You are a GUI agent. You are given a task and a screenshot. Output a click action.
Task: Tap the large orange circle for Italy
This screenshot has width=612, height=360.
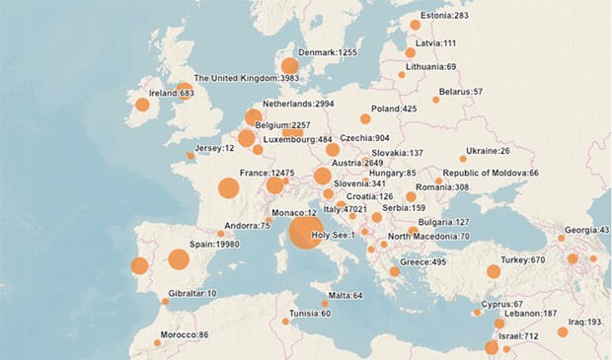[305, 234]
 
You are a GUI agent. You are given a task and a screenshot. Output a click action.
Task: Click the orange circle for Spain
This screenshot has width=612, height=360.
[179, 259]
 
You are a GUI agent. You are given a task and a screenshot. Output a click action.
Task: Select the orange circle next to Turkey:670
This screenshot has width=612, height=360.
[494, 271]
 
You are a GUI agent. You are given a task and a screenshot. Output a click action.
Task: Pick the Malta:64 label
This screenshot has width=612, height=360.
[344, 295]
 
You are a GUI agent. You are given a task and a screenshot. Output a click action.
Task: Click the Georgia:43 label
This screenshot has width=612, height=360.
[590, 230]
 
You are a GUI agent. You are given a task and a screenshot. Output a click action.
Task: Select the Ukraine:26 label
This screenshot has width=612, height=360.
[490, 151]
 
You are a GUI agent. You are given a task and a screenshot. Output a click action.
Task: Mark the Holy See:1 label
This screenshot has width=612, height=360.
[333, 235]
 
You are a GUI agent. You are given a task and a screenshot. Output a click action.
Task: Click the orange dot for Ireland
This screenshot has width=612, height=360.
[142, 105]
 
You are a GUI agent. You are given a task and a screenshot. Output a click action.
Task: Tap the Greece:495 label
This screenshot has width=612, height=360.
[424, 262]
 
